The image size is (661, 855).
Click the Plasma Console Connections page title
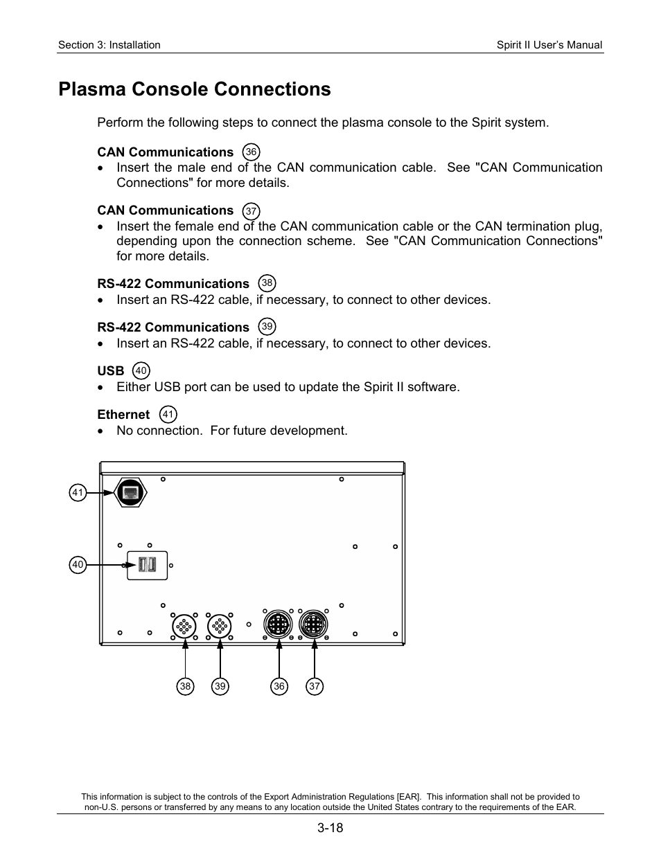[195, 89]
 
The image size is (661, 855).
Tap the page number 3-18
[330, 828]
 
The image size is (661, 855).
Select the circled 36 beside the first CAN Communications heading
[252, 152]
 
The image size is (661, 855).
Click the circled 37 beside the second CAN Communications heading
[252, 211]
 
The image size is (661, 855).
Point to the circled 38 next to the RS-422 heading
[267, 283]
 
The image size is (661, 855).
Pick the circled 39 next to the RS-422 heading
[267, 327]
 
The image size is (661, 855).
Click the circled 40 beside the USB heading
[141, 371]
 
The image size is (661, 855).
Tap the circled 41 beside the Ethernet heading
[168, 415]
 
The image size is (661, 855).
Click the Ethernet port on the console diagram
[130, 492]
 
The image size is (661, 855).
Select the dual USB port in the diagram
[147, 565]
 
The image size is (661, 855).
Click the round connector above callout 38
[184, 627]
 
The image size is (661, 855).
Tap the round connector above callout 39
[220, 627]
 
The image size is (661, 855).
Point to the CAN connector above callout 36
[278, 625]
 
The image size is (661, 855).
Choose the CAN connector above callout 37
[313, 625]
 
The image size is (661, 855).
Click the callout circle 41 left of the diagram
[78, 493]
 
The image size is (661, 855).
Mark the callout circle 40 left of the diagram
[78, 565]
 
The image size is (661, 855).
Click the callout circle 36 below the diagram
[279, 686]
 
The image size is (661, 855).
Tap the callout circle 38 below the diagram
[185, 686]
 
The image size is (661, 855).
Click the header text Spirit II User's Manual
[549, 45]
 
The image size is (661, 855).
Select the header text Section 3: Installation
[109, 45]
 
